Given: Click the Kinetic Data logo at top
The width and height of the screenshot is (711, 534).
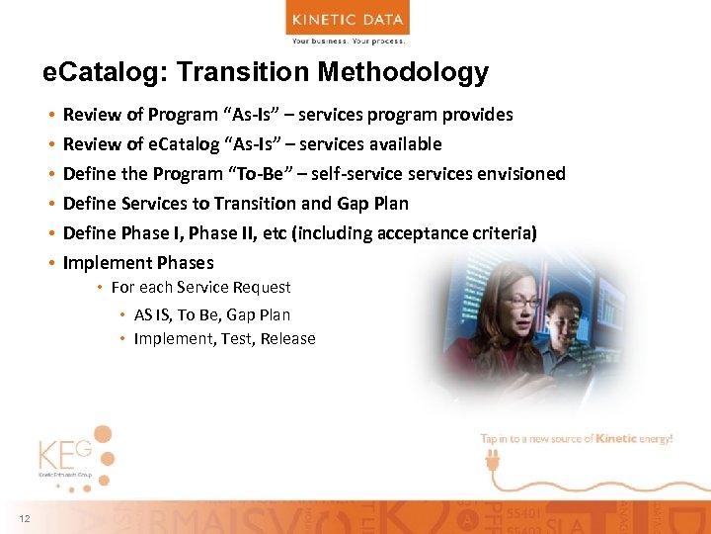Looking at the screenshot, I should coord(348,23).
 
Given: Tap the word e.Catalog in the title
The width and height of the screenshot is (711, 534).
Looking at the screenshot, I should coord(88,72).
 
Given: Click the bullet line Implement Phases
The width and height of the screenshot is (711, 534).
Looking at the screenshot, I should coord(138,263).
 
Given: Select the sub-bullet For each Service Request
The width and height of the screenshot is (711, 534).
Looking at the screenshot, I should coord(200,288).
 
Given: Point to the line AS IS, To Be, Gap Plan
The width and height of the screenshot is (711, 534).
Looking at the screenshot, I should coord(211,315).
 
